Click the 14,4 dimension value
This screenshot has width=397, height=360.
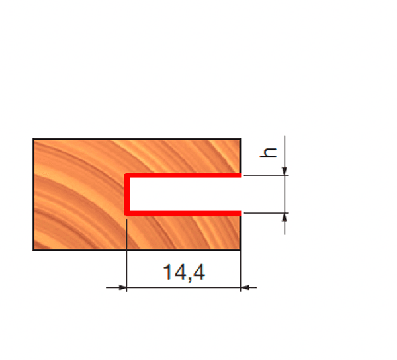184,273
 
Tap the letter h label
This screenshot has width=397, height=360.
268,153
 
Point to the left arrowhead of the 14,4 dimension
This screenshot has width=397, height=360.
122,287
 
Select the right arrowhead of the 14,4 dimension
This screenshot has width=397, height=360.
245,287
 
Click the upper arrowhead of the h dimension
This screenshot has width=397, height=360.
285,171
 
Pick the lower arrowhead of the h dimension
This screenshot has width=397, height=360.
285,217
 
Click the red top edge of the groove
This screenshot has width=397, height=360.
183,175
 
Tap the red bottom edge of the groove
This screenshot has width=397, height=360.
183,213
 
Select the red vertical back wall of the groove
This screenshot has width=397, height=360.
127,195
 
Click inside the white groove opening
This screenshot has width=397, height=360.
185,194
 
